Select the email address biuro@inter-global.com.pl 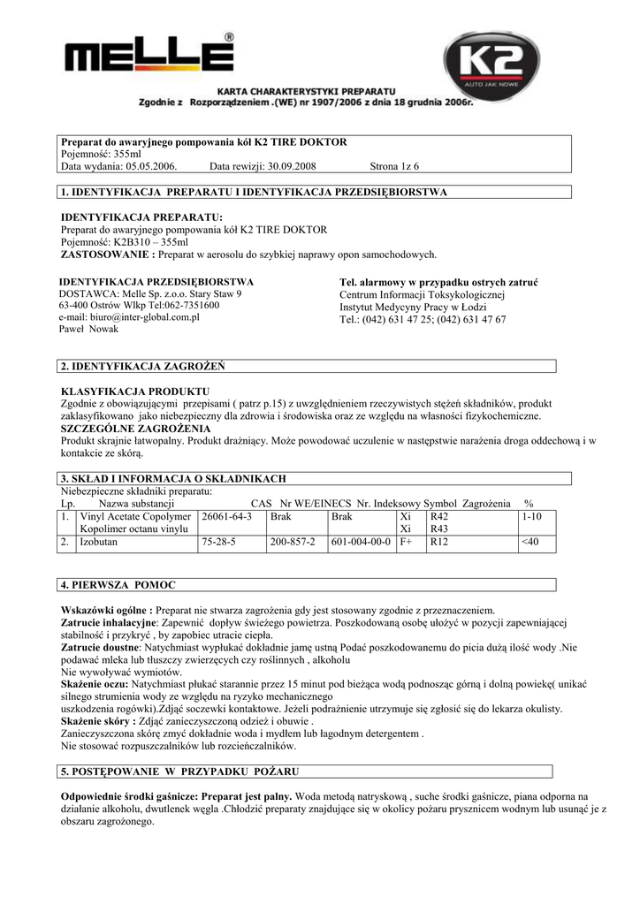[129, 316]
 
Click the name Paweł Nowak [88, 329]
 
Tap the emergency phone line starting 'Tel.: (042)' [423, 320]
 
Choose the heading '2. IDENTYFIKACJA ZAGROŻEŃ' [142, 366]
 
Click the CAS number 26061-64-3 [227, 516]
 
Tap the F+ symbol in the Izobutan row [407, 542]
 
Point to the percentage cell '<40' [530, 542]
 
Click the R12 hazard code [439, 542]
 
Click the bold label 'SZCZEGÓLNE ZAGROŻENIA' [130, 428]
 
